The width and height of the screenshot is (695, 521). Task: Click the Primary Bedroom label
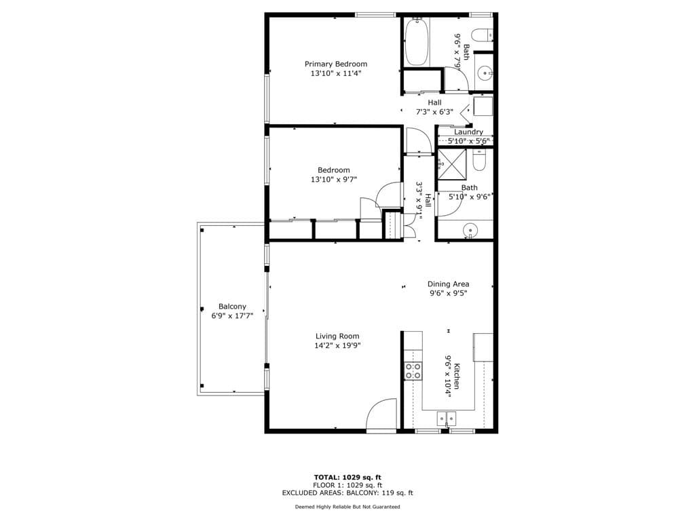tap(335, 64)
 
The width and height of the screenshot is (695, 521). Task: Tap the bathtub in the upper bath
tap(416, 42)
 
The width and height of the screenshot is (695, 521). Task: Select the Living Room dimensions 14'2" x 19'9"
tap(337, 345)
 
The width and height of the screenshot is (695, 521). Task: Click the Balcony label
tap(232, 307)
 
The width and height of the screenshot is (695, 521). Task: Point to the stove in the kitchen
tap(413, 370)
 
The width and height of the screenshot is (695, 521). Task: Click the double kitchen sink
tap(446, 419)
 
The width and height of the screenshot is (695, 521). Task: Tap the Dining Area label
tap(448, 284)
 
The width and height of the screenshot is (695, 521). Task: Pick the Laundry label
tap(468, 132)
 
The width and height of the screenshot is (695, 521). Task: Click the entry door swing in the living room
tap(381, 414)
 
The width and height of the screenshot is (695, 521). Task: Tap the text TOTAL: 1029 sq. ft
tap(347, 477)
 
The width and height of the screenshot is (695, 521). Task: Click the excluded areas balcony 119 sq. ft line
tap(347, 493)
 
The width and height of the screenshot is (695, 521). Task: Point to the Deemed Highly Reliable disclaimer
tap(347, 507)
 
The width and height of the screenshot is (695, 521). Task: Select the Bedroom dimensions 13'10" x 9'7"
tap(333, 180)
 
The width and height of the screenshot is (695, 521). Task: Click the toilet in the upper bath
tap(481, 35)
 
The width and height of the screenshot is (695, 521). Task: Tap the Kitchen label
tap(457, 376)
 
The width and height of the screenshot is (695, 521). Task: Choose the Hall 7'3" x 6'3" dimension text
tap(434, 112)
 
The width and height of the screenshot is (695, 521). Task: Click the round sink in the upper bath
tap(485, 72)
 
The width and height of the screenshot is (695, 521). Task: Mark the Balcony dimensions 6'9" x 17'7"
tap(232, 316)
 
